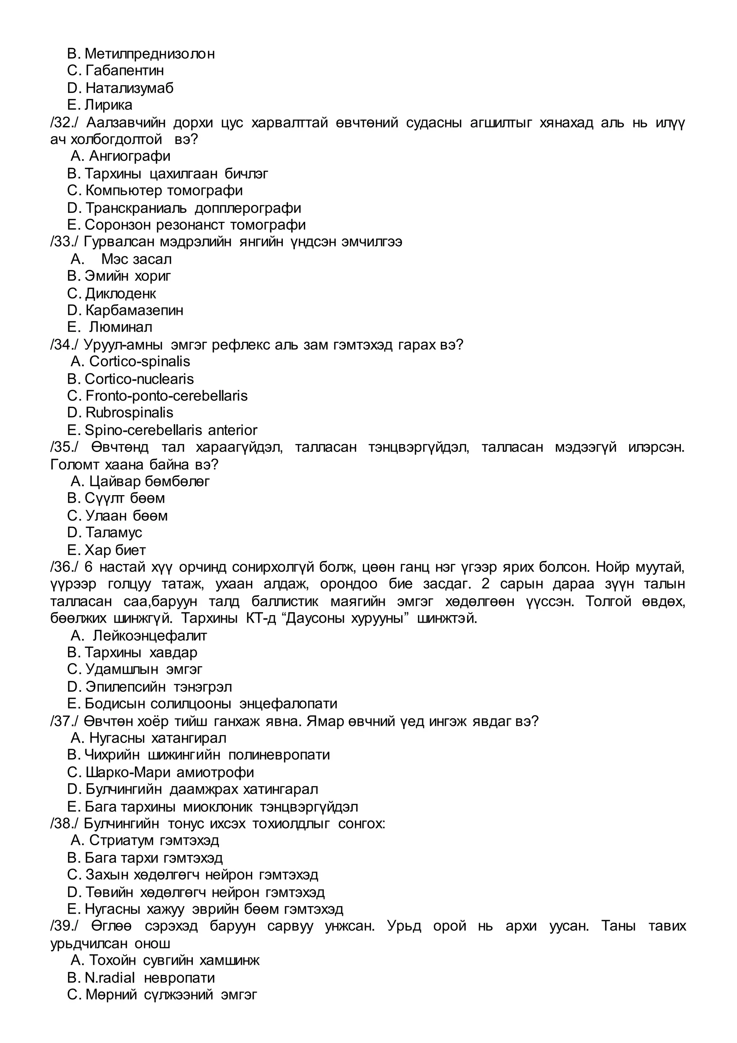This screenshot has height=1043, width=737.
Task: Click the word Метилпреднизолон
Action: click(149, 54)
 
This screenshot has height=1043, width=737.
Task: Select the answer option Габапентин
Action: click(125, 71)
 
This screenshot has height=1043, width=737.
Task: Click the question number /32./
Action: click(64, 123)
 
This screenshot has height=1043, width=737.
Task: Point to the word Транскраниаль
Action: click(136, 208)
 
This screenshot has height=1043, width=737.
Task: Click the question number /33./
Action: click(64, 242)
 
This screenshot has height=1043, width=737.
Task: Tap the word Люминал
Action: click(121, 327)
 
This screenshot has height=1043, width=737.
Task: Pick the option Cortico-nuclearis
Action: click(139, 379)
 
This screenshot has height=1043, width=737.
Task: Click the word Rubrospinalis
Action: click(129, 412)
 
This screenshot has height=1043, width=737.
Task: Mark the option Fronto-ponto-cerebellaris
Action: click(166, 396)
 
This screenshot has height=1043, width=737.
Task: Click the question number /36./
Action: click(64, 567)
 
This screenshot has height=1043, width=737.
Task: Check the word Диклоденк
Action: click(120, 294)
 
